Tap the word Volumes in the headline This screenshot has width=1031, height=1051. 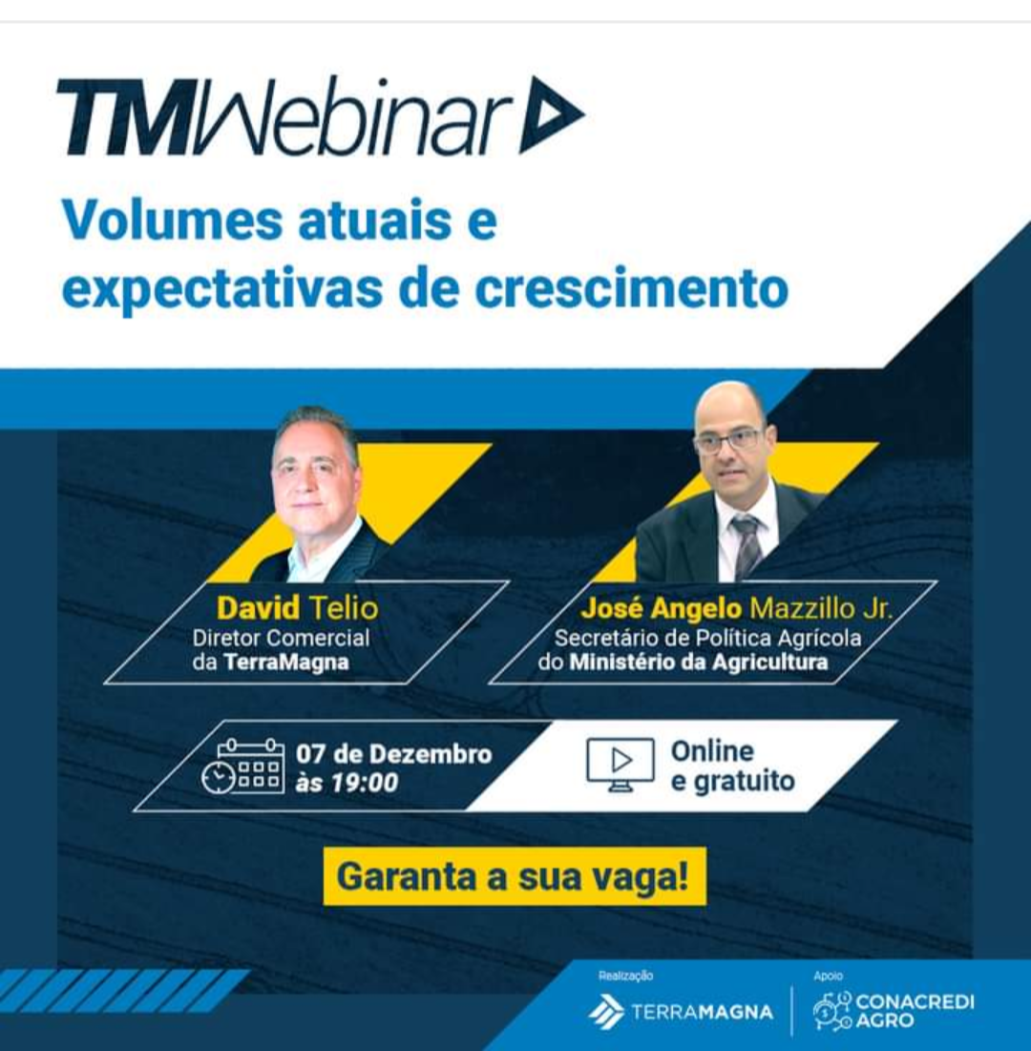tap(172, 220)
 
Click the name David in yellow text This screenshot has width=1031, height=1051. tap(258, 608)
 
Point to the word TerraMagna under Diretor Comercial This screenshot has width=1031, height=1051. tap(286, 662)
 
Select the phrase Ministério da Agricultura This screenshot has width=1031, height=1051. tap(699, 662)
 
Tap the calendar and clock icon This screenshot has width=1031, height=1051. tap(242, 767)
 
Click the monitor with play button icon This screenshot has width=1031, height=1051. tap(621, 764)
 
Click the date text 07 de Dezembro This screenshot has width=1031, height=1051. tap(394, 754)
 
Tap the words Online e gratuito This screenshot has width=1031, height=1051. tap(733, 767)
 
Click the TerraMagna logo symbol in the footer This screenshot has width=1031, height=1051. tap(606, 1012)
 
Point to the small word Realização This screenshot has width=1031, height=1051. tap(625, 976)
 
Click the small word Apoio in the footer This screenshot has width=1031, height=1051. tap(828, 976)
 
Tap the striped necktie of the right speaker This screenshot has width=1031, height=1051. tap(747, 545)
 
